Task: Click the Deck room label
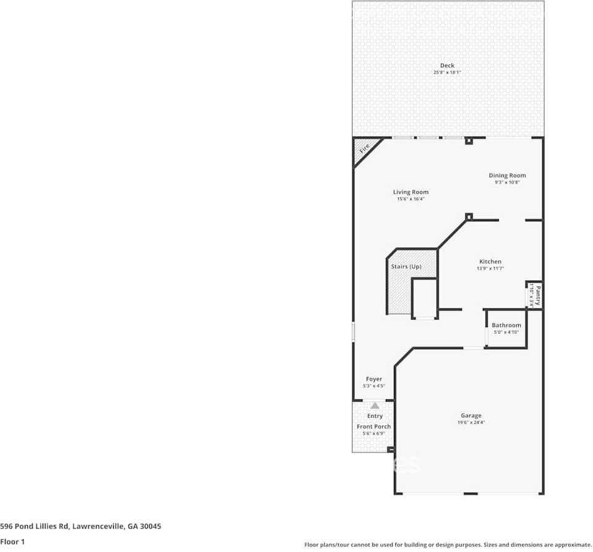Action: click(x=447, y=66)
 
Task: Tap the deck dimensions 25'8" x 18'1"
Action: click(x=447, y=73)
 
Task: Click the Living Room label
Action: click(x=411, y=192)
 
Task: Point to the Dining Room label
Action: click(x=507, y=176)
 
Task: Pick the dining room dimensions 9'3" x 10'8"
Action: click(x=507, y=182)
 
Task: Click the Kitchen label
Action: click(x=490, y=261)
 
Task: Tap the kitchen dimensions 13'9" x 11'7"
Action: click(x=490, y=268)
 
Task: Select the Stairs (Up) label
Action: click(x=406, y=266)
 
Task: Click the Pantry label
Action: click(x=538, y=294)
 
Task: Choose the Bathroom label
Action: click(x=506, y=325)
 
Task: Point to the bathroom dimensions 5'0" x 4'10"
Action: click(x=506, y=332)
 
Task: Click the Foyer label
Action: click(x=373, y=379)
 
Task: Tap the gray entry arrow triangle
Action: click(x=375, y=406)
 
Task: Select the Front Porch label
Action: click(x=373, y=427)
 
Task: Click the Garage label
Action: click(x=471, y=415)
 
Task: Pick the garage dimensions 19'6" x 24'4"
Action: click(x=471, y=423)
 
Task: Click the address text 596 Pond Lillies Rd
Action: click(x=80, y=527)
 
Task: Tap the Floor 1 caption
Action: click(x=12, y=541)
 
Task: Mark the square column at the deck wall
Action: click(x=469, y=141)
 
